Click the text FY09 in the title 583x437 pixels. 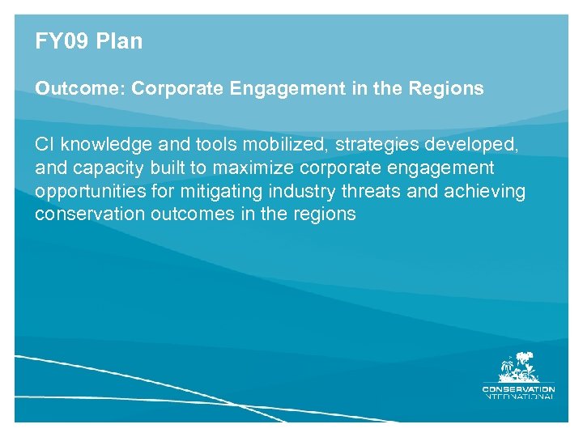[x=61, y=42]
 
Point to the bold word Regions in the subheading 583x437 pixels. [x=448, y=89]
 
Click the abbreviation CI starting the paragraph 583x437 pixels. [x=45, y=145]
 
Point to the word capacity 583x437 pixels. [x=100, y=169]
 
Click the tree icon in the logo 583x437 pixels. [x=518, y=368]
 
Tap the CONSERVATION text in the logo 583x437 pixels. [x=518, y=388]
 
